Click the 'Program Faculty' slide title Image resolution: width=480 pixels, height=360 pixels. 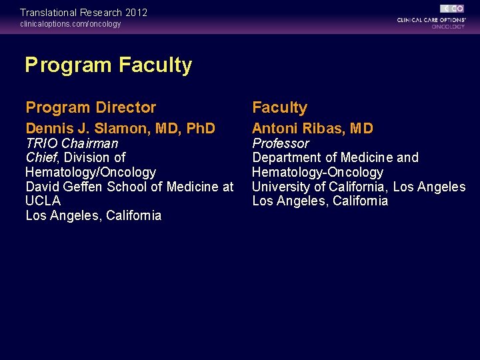tap(108, 65)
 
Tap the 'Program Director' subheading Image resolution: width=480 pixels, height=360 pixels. tap(91, 107)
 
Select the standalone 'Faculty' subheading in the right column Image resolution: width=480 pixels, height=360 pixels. tap(279, 107)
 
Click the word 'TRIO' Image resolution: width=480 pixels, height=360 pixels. tap(41, 143)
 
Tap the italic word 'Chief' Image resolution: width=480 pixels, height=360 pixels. tap(41, 158)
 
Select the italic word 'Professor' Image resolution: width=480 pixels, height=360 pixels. tap(281, 143)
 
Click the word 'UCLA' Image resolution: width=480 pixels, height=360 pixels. tap(43, 201)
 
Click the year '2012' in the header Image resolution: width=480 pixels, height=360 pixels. tap(136, 13)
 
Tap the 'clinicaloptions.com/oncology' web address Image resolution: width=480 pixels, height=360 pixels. tap(71, 24)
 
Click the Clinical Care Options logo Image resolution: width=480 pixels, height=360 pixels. tap(431, 17)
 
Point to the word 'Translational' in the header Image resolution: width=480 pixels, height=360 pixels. tap(48, 13)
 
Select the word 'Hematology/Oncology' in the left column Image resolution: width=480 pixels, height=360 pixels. tap(91, 172)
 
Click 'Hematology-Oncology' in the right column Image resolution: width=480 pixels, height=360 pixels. tap(317, 172)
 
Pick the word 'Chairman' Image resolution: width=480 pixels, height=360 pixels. tap(90, 143)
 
